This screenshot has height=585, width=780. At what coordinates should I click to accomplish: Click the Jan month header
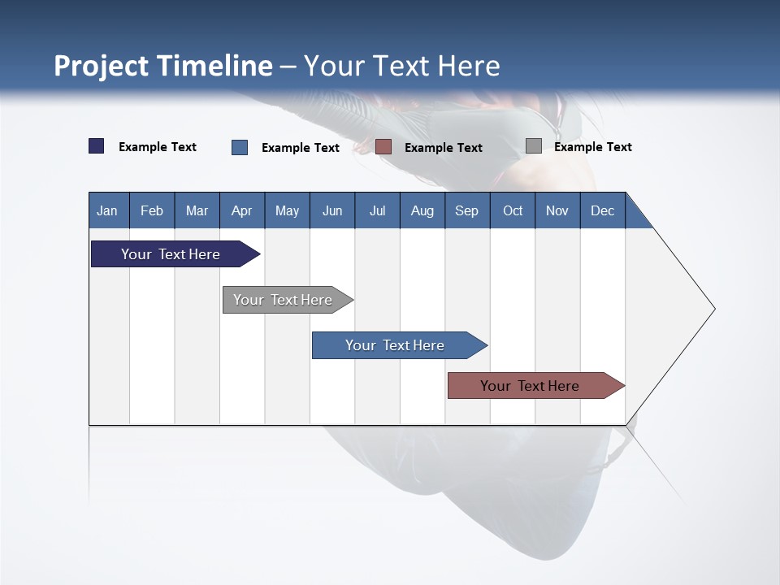[x=107, y=210]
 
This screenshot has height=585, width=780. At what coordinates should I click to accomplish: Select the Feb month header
[x=152, y=210]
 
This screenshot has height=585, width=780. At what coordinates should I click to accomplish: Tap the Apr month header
[x=241, y=210]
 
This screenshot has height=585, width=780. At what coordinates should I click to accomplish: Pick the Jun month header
[x=332, y=210]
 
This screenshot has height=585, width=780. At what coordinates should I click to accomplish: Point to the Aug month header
[x=422, y=210]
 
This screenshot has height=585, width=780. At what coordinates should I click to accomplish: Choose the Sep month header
[x=466, y=210]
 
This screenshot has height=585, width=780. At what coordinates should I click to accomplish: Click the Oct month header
[x=513, y=210]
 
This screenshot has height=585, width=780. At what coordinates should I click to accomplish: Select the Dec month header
[x=602, y=210]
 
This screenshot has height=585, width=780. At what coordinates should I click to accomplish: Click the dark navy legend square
[x=97, y=146]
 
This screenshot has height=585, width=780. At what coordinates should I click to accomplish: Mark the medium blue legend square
[x=240, y=147]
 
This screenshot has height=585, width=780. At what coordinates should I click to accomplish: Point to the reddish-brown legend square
[x=383, y=147]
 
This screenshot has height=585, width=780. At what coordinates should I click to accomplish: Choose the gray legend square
[x=534, y=146]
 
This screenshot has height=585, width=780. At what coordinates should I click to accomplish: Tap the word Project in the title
[x=102, y=66]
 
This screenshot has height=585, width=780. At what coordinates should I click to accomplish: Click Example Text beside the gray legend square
[x=592, y=147]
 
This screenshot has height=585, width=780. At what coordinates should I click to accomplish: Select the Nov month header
[x=557, y=210]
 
